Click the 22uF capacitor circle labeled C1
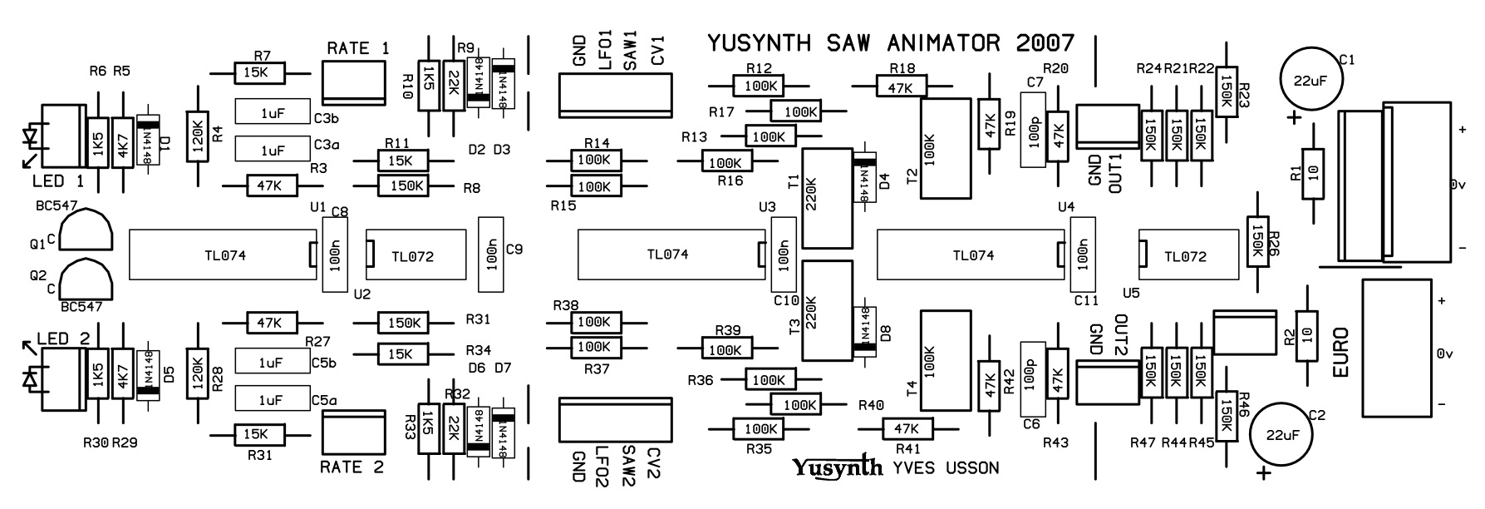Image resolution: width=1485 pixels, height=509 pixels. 1307,80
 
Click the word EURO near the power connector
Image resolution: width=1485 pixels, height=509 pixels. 1340,353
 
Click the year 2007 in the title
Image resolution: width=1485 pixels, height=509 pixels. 1044,42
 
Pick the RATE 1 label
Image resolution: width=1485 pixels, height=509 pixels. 357,48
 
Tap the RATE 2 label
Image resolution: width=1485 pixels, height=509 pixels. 352,467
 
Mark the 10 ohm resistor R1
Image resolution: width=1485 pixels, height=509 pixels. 1312,174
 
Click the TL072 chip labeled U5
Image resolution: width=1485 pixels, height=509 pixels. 1184,257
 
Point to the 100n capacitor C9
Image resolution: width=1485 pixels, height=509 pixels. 490,254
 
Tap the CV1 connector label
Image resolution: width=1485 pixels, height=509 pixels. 657,51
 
